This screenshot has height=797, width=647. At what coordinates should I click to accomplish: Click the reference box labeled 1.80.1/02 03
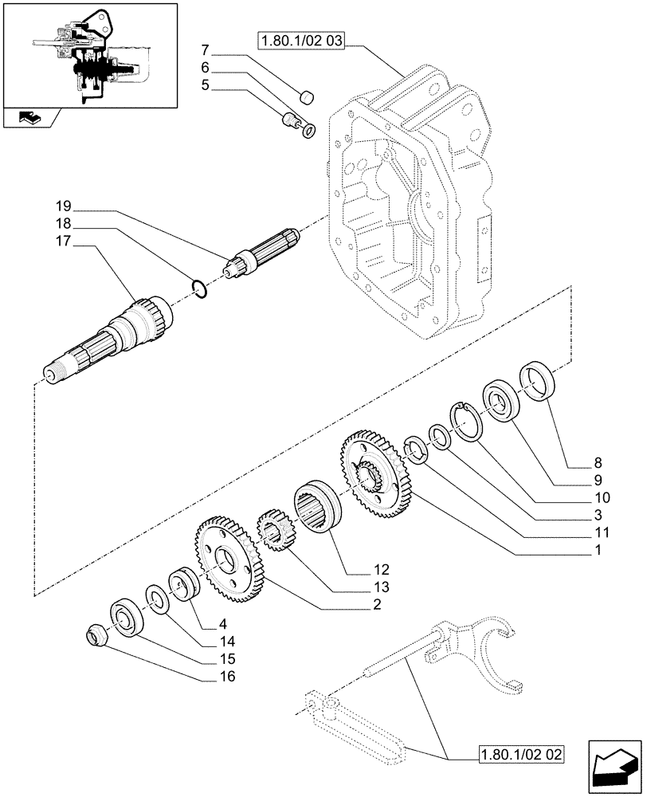300,40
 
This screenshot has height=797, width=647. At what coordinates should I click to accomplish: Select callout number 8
598,462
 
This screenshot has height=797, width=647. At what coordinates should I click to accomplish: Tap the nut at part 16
96,635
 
